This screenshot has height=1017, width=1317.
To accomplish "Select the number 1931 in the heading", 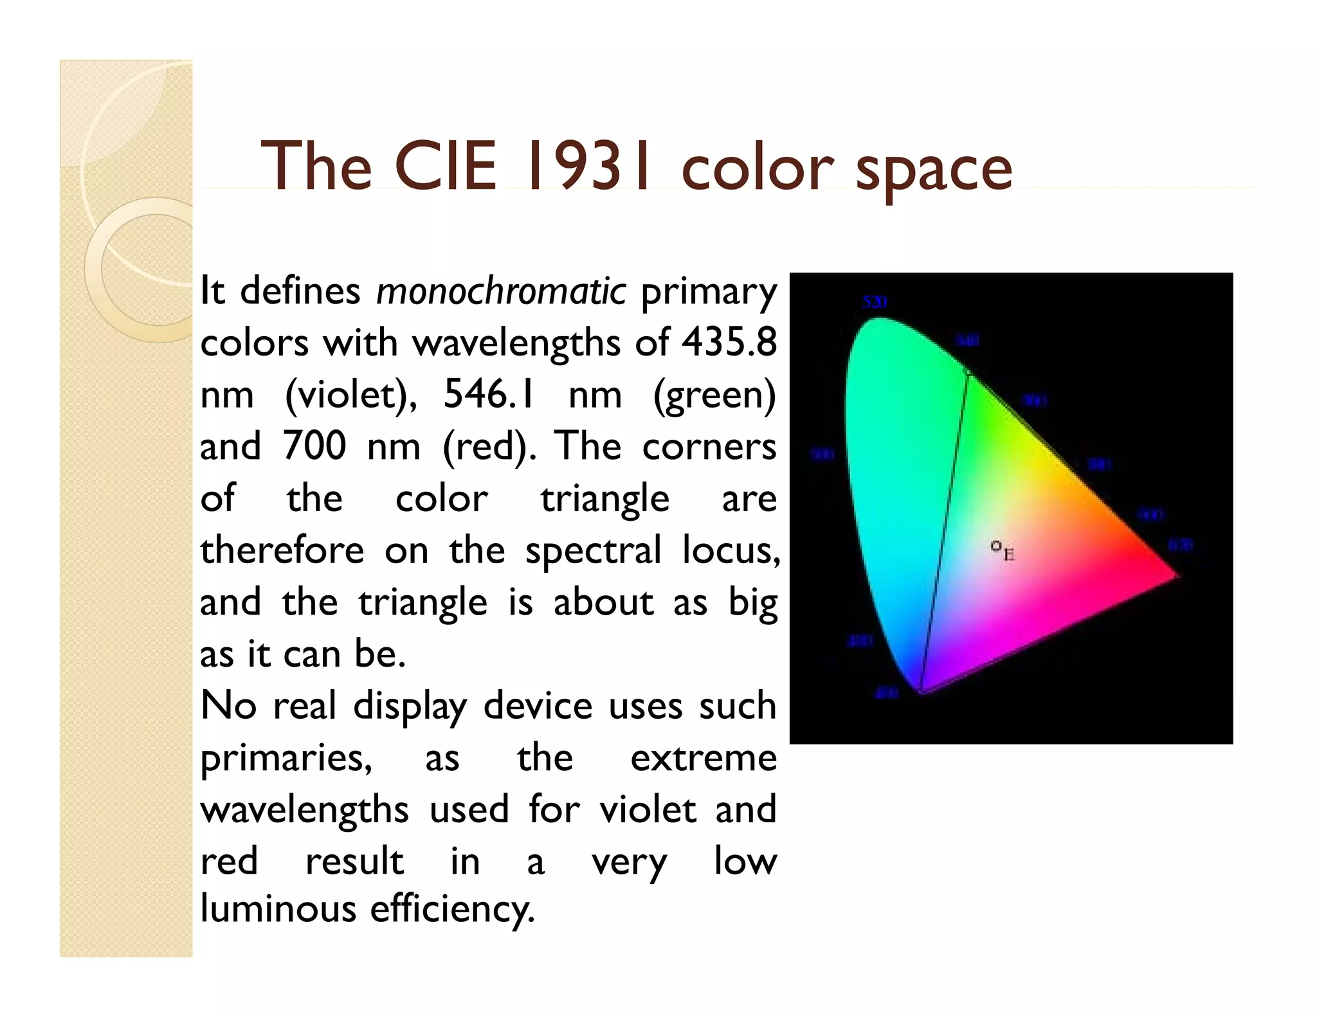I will (588, 166).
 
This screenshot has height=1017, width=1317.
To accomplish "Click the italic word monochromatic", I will (501, 291).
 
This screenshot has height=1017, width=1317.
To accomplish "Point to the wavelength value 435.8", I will (729, 342).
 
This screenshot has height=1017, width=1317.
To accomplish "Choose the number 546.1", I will (489, 394).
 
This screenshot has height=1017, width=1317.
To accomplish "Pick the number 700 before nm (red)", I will (314, 446).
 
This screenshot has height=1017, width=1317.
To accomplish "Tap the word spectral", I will (593, 551).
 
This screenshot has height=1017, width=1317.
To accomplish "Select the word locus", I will (731, 551).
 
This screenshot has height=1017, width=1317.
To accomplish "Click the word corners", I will (709, 446).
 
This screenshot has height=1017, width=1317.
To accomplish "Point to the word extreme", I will (704, 758).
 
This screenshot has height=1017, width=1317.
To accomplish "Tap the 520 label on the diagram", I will (875, 302).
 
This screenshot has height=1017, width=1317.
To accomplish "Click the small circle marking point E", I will (995, 546).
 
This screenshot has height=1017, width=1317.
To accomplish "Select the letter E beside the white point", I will (1008, 554).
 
